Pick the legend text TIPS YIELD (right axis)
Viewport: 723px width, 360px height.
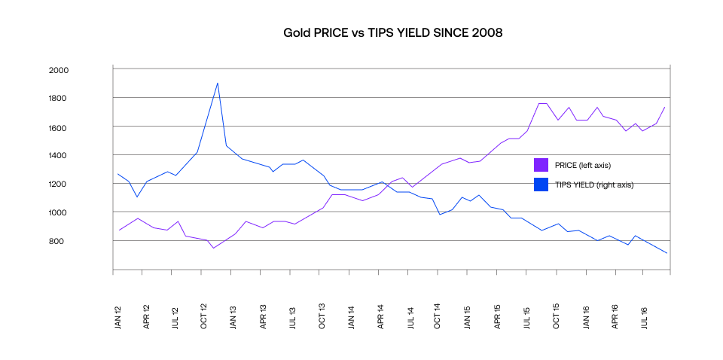(594, 185)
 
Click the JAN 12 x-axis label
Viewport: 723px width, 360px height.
(118, 319)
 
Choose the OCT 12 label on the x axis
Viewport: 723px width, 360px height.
(205, 319)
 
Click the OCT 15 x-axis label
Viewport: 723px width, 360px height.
(557, 319)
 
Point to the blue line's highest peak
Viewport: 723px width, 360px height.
(218, 83)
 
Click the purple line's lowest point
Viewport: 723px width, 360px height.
(213, 248)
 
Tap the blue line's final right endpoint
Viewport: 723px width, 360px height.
(667, 253)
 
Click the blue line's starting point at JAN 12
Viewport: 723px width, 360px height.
(118, 174)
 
